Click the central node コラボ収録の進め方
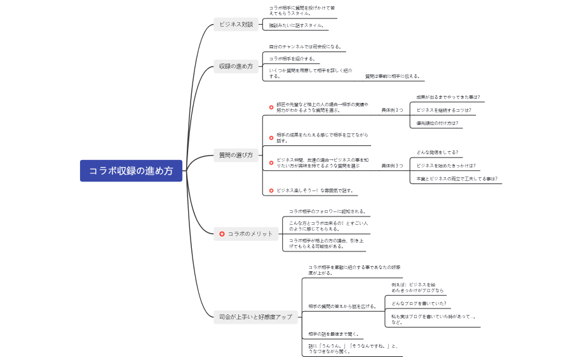click(131, 171)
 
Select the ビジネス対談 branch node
click(236, 25)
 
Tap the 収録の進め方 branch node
click(236, 66)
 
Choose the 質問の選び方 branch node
click(236, 155)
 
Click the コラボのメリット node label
click(250, 234)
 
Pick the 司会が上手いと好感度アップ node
click(255, 316)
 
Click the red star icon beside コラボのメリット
click(222, 234)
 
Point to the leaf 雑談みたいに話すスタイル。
click(297, 25)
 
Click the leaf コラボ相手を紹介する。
click(292, 58)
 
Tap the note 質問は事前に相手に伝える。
click(393, 76)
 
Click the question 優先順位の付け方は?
click(437, 123)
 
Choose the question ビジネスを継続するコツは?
click(444, 110)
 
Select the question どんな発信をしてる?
click(437, 152)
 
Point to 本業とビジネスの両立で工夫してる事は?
click(457, 179)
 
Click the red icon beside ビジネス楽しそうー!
click(271, 190)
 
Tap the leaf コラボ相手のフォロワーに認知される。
click(328, 211)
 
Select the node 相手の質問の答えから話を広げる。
click(342, 306)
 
